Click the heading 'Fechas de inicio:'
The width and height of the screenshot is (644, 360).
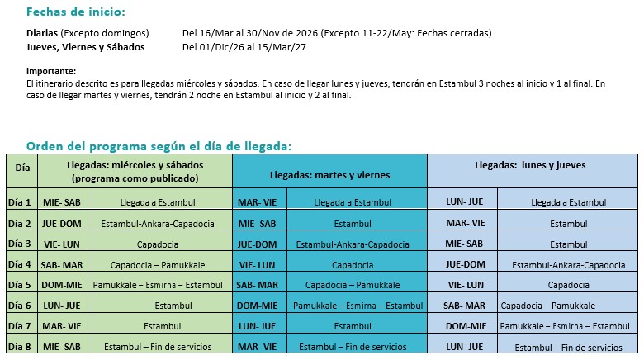coord(77,12)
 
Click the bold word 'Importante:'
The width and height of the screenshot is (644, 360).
coord(51,71)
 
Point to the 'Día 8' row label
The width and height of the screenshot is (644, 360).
coord(20,347)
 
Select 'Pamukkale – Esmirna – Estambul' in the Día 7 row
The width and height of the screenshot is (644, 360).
coord(564,326)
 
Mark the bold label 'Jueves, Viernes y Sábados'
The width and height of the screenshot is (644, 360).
coord(86,47)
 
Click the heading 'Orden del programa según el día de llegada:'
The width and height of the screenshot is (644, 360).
coord(159,146)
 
